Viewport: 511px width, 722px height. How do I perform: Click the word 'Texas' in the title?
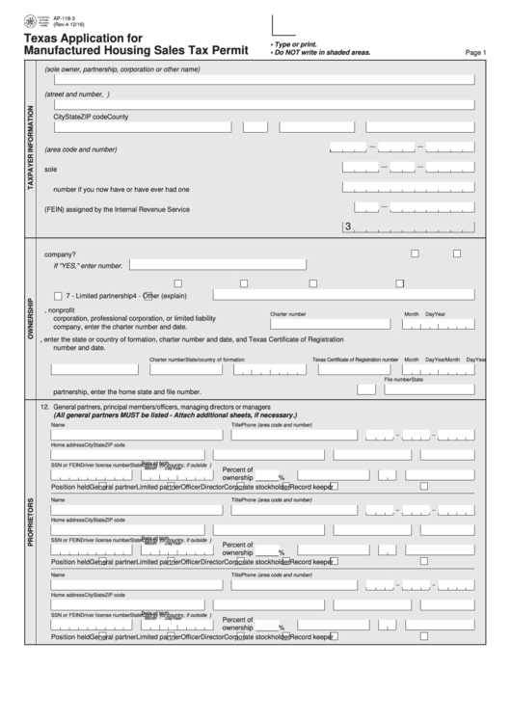click(x=43, y=37)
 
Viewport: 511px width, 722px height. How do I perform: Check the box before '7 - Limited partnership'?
click(x=59, y=295)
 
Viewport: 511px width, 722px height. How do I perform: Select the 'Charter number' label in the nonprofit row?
click(x=287, y=314)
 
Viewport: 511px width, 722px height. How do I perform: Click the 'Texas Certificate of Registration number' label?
click(x=355, y=359)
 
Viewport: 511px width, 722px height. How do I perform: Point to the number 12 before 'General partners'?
click(x=43, y=407)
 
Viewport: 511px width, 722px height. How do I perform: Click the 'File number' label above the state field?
click(x=398, y=380)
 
